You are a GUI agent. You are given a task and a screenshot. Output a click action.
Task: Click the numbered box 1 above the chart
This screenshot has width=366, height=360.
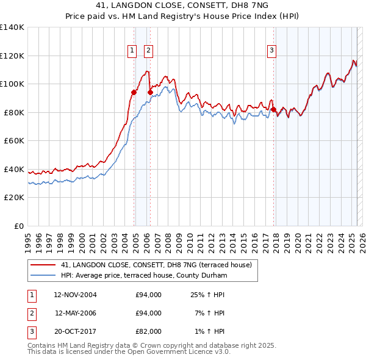(x=132, y=51)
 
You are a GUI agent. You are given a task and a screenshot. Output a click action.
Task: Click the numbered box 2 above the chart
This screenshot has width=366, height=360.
(x=148, y=51)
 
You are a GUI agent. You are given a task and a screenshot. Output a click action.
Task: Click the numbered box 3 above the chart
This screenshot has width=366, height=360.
(x=271, y=51)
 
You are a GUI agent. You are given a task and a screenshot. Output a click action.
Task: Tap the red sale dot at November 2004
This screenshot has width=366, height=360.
(x=134, y=93)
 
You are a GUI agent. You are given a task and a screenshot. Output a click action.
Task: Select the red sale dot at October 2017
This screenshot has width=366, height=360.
(x=273, y=109)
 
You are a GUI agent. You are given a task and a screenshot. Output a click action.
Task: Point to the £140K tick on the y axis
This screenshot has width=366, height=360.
(x=12, y=27)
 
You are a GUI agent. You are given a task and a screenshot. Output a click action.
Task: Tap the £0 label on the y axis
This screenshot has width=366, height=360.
(x=18, y=226)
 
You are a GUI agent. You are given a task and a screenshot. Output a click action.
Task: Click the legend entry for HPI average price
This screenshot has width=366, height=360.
(x=144, y=275)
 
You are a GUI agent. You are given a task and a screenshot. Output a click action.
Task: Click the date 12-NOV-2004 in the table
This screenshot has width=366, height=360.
(x=75, y=295)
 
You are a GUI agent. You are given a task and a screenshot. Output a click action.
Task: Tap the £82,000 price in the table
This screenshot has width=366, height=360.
(x=148, y=331)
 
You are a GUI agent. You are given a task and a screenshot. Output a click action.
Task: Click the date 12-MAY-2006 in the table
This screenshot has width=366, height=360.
(x=76, y=313)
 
